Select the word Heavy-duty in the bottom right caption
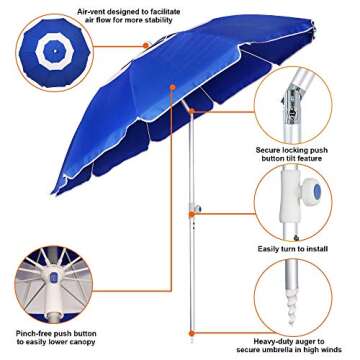click(x=271, y=339)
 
